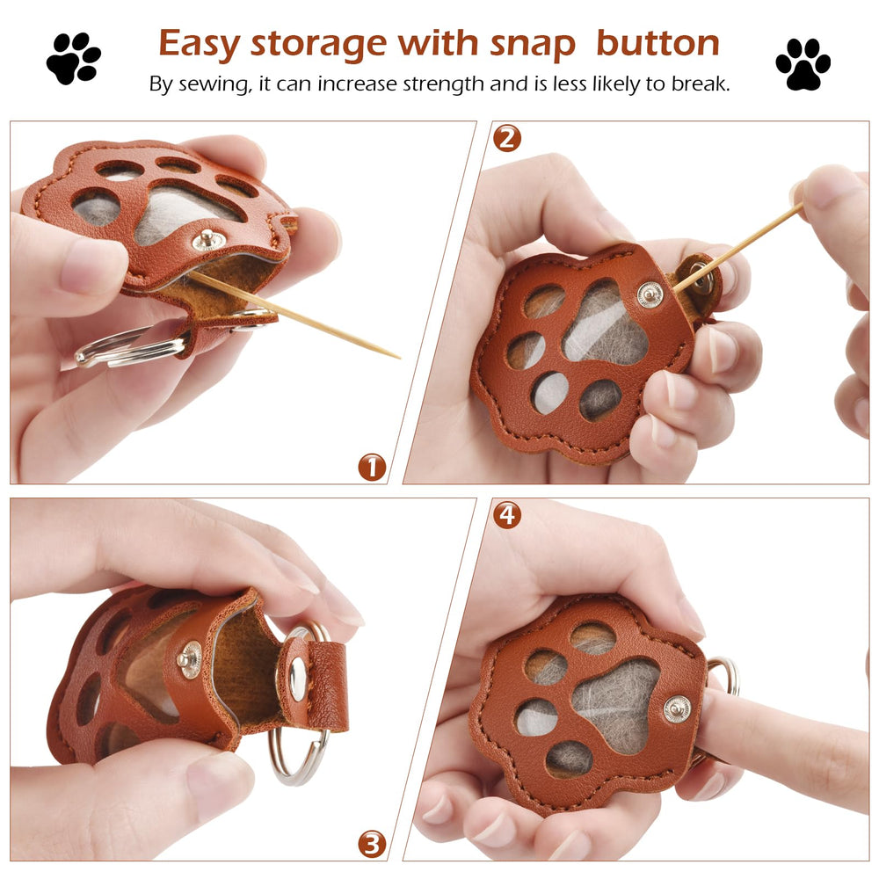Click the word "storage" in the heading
pyautogui.click(x=319, y=44)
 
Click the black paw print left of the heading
pyautogui.click(x=74, y=58)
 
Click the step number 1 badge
pyautogui.click(x=372, y=467)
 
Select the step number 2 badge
pyautogui.click(x=507, y=139)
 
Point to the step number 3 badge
pyautogui.click(x=372, y=844)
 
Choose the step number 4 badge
pyautogui.click(x=507, y=514)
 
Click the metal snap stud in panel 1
pyautogui.click(x=208, y=240)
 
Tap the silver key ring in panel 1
pyautogui.click(x=131, y=345)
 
